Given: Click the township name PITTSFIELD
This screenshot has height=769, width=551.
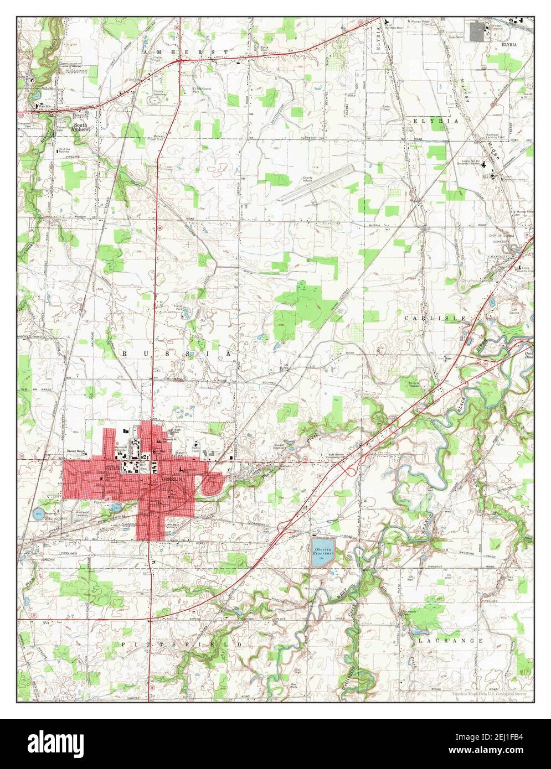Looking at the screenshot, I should pos(182,645).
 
